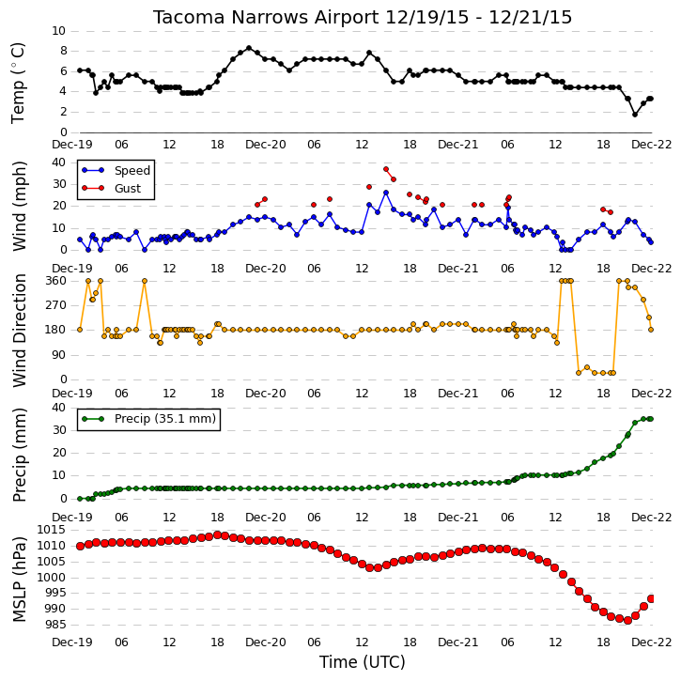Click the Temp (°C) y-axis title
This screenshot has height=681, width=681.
(18, 83)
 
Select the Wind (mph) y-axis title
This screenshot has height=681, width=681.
(19, 206)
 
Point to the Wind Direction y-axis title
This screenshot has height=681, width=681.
(19, 331)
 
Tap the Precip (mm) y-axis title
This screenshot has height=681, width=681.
(19, 455)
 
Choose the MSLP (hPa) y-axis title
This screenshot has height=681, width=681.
(19, 580)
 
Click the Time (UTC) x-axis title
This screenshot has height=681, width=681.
(363, 662)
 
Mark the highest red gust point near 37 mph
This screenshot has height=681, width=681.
(386, 169)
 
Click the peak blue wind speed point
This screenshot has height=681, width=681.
(386, 193)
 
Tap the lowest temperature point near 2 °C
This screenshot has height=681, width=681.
(635, 115)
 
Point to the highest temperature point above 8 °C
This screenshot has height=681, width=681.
(249, 48)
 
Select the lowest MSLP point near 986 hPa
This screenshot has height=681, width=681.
(627, 621)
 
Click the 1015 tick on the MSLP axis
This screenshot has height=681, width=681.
(52, 530)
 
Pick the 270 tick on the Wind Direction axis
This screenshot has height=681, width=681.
(56, 305)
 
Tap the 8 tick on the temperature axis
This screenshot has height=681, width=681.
(64, 52)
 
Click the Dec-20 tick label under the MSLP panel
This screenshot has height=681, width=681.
(266, 642)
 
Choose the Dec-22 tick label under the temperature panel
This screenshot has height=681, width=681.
(652, 145)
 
